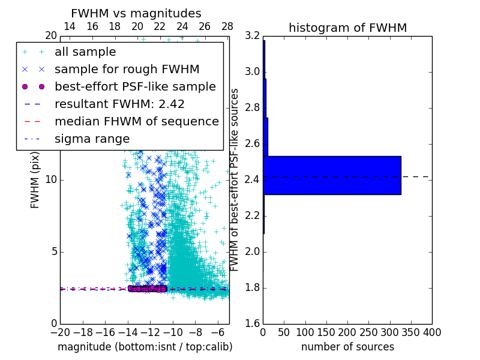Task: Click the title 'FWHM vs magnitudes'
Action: click(136, 13)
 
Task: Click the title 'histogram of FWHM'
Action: click(347, 28)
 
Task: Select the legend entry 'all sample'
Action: click(85, 52)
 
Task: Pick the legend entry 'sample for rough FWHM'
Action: click(127, 70)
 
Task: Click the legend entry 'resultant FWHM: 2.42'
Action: click(119, 104)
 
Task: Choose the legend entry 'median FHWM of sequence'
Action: click(136, 121)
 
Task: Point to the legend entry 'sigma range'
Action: click(92, 139)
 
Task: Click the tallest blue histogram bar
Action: click(332, 175)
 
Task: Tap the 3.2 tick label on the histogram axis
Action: click(253, 36)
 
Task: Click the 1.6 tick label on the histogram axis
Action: click(253, 324)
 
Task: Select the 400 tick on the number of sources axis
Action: click(431, 332)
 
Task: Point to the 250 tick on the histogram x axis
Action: click(368, 332)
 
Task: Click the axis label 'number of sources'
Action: click(347, 347)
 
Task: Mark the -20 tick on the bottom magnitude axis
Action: click(60, 332)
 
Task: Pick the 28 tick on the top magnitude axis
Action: click(227, 26)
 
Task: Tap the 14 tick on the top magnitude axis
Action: click(70, 26)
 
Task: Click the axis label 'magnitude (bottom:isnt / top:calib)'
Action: click(145, 347)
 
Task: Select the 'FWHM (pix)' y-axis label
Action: click(35, 181)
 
